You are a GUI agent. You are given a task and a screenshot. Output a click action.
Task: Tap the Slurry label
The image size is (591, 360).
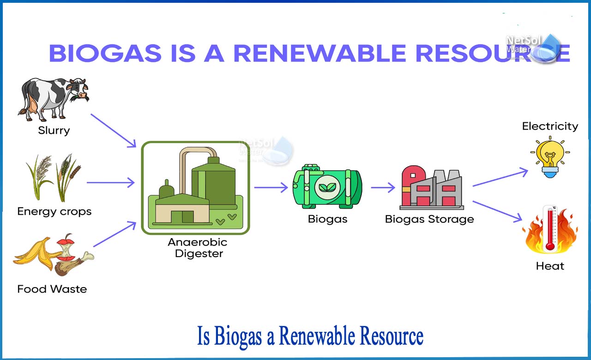coord(54,130)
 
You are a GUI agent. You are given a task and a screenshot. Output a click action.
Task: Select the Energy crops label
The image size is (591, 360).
coord(54,211)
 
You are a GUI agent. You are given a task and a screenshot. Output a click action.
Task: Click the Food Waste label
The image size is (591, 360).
coord(52,289)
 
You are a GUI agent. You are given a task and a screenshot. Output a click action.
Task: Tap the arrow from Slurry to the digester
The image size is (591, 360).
coord(114,131)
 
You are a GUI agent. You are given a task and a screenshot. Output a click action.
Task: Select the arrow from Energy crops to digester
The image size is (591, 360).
coord(111,182)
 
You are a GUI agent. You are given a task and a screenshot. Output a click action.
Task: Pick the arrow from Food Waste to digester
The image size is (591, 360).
coord(115,234)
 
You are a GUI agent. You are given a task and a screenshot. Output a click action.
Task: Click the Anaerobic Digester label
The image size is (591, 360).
coord(198,248)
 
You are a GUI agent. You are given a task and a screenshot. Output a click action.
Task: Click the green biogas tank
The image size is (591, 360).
coord(327,186)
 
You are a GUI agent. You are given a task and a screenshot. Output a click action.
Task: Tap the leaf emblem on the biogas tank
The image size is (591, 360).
coord(327,187)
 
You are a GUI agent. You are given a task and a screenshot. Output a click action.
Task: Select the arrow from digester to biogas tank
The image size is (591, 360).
coord(271,187)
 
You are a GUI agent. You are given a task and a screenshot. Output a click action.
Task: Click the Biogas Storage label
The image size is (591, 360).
coord(429,219)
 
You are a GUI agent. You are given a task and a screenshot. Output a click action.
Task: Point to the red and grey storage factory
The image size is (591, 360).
coord(432,187)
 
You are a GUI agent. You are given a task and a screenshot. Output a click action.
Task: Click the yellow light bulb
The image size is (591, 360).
coord(550,157)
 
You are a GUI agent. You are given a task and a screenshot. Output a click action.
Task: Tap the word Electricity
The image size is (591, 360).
coord(550,126)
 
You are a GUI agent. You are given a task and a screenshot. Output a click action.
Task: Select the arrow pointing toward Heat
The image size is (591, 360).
coord(497,211)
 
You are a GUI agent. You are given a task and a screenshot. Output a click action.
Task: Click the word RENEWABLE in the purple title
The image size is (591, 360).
coord(320,53)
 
